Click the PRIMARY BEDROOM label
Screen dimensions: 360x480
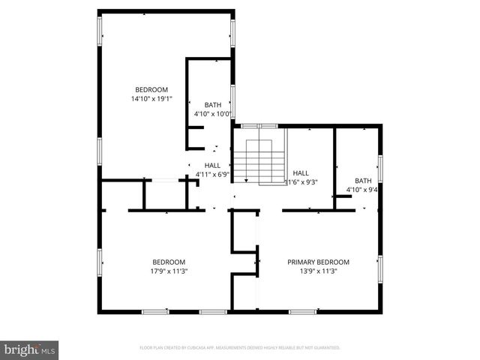[319, 262]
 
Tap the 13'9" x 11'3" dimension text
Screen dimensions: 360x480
[319, 271]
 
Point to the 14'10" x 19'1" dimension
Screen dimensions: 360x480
[151, 98]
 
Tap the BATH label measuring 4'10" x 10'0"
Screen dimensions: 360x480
[213, 105]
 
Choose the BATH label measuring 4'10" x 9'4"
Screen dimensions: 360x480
[363, 181]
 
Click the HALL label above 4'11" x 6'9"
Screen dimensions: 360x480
[212, 165]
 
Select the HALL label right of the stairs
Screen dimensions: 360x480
[301, 172]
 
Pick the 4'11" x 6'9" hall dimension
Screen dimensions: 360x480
[212, 174]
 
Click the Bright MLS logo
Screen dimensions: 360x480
[30, 349]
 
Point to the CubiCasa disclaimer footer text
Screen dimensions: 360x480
[240, 348]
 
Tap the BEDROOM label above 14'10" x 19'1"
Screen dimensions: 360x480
[151, 89]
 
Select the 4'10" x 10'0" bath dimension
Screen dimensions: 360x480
[213, 114]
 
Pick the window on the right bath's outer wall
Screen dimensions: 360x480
[380, 168]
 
